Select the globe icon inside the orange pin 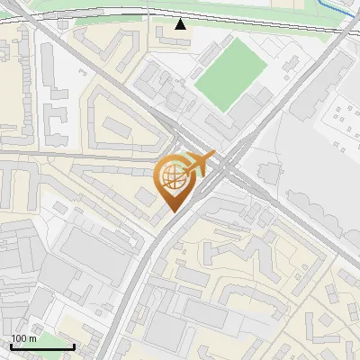171,175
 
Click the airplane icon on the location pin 199,163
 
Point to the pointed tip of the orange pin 171,211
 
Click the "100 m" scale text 24,338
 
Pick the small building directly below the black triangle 176,38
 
